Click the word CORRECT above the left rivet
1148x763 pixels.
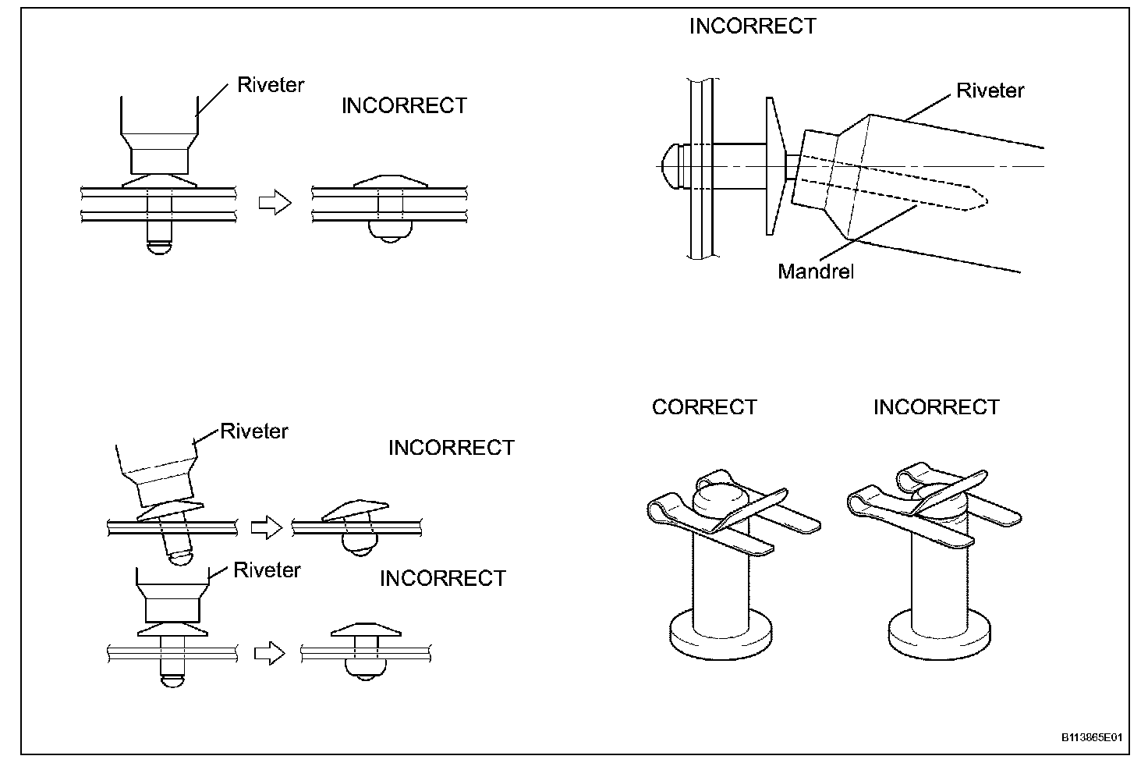704,407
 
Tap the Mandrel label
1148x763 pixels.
816,271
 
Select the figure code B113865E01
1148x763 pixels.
1091,736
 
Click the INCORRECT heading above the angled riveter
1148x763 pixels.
753,27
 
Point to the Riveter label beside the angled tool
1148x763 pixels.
990,90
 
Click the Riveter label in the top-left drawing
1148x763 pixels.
271,85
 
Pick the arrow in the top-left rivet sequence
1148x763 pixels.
274,203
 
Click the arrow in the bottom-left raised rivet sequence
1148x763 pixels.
270,653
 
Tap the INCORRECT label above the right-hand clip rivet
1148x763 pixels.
936,407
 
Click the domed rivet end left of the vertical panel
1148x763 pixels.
669,165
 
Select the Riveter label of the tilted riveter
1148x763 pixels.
254,431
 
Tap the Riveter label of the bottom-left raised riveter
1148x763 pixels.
267,570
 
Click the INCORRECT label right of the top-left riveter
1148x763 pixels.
404,106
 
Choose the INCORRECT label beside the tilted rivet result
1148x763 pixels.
452,448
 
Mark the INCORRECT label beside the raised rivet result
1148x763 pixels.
442,578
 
